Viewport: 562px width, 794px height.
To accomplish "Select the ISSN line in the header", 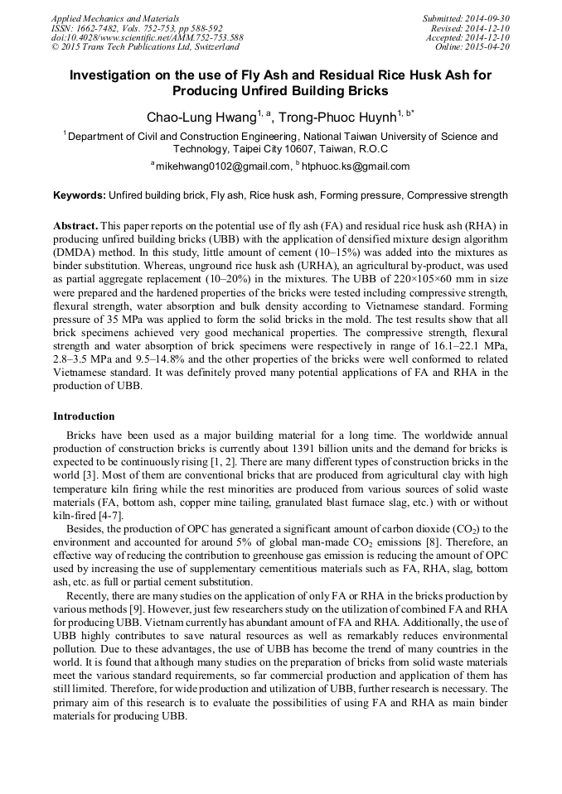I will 124,27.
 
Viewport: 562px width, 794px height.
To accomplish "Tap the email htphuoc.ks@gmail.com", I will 356,166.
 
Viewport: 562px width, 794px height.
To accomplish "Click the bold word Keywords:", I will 80,196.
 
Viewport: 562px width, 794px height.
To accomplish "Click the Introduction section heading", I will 84,416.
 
